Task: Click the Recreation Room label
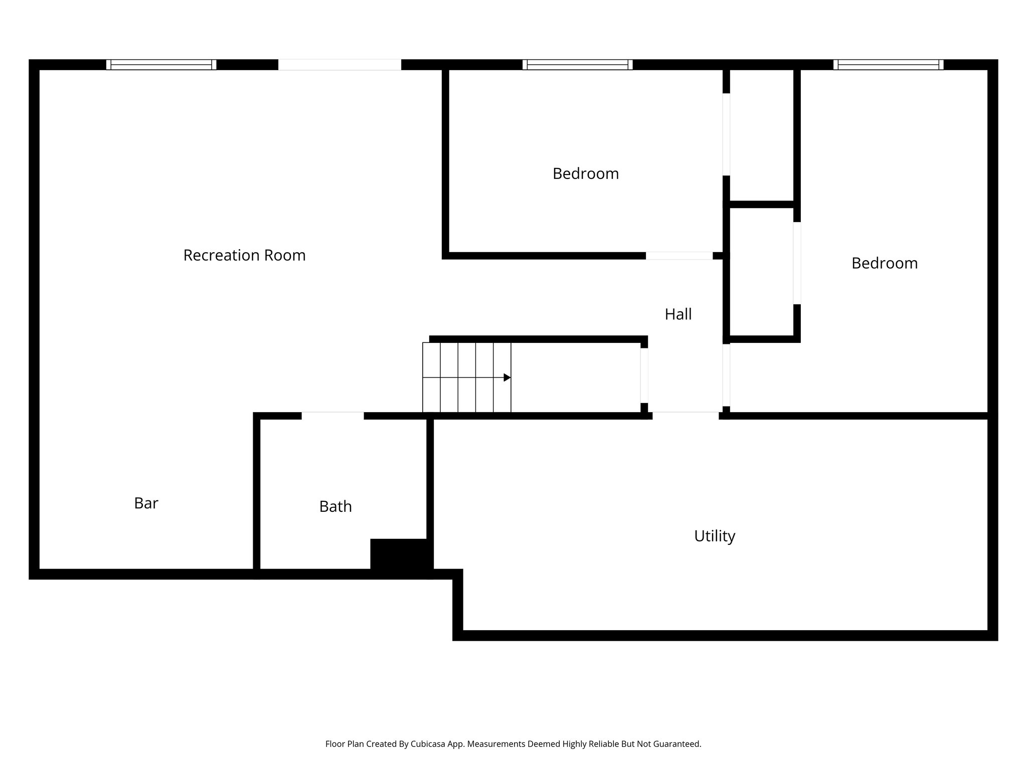click(x=244, y=255)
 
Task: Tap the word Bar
click(x=146, y=503)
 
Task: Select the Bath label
click(x=335, y=507)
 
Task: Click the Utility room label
click(x=715, y=536)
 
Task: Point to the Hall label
click(x=678, y=314)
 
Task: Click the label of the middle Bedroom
click(x=585, y=174)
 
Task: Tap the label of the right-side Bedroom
click(x=884, y=263)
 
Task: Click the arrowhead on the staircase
click(x=507, y=377)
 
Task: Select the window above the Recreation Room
click(x=161, y=65)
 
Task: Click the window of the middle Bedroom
click(x=577, y=65)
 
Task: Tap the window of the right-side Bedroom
click(x=888, y=65)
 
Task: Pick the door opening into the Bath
click(x=332, y=416)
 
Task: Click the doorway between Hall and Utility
click(x=686, y=416)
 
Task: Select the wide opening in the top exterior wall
click(x=339, y=65)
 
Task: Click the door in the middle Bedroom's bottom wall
click(x=679, y=256)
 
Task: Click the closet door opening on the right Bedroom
click(x=797, y=263)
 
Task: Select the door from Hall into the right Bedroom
click(x=726, y=375)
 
